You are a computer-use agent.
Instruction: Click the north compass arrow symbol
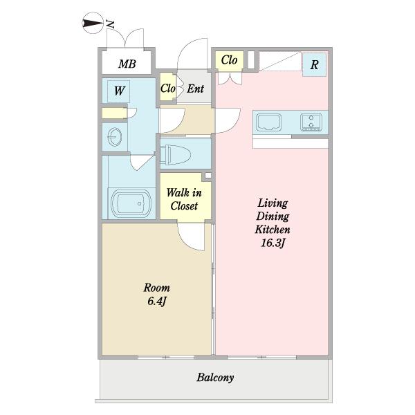pos(93,24)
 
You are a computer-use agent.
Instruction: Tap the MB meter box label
pos(127,64)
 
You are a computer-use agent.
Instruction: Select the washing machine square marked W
pos(118,91)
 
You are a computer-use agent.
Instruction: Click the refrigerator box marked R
pos(314,65)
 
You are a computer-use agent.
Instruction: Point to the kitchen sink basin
pos(268,122)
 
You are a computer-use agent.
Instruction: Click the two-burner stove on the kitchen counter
pos(311,122)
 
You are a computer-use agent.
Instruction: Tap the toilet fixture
pos(175,154)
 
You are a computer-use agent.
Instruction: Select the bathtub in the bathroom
pos(131,203)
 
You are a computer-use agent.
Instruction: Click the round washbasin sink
pos(115,137)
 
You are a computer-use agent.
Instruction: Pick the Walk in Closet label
pos(184,199)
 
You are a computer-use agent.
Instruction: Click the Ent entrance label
pos(195,89)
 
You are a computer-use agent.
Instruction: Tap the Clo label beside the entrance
pos(168,89)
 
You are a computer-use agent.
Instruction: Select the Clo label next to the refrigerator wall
pos(229,60)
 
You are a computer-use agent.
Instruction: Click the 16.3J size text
pos(273,243)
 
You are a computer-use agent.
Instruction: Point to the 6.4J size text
pos(157,301)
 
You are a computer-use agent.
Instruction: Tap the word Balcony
pos(215,378)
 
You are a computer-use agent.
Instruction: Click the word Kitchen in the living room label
pos(273,230)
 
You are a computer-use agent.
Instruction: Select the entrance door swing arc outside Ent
pos(192,53)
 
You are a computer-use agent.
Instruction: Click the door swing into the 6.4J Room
pos(191,237)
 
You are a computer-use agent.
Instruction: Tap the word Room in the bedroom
pos(157,288)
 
